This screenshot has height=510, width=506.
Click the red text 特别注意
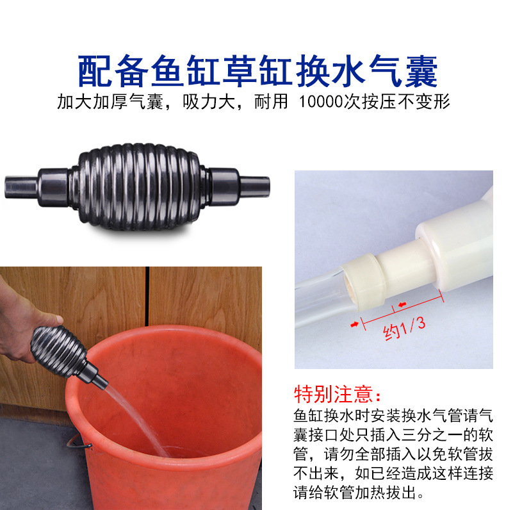[x=337, y=392]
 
